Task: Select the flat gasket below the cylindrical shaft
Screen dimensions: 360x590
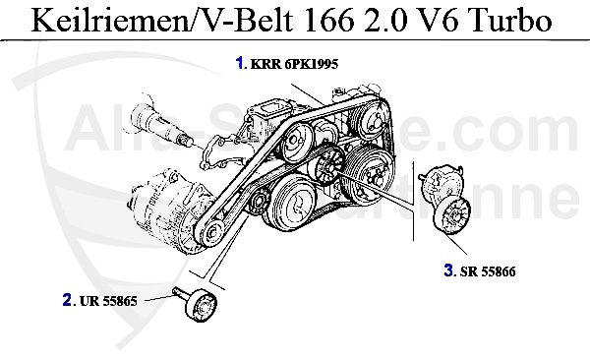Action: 220,157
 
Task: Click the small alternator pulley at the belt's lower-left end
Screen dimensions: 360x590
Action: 208,233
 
